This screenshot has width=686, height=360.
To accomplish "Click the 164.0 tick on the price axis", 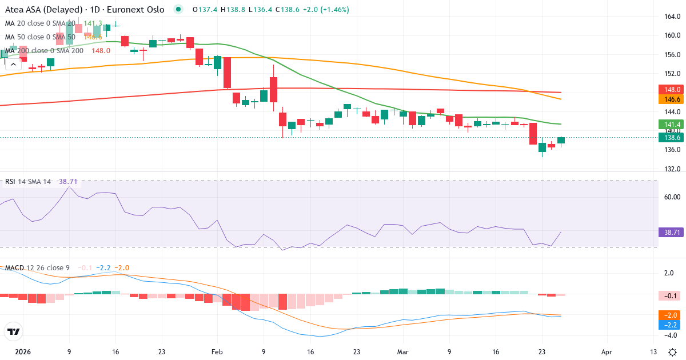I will [672, 16].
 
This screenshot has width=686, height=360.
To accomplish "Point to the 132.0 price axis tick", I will [672, 169].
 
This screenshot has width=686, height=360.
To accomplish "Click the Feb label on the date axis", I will [217, 353].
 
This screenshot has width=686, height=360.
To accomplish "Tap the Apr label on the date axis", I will [607, 353].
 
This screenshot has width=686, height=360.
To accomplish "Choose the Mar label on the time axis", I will [402, 353].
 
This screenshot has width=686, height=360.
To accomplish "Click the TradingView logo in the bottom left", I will [14, 331].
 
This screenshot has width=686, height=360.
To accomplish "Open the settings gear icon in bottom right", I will [673, 352].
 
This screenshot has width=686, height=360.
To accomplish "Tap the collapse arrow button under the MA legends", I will [13, 65].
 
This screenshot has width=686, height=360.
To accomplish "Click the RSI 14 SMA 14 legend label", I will [28, 182].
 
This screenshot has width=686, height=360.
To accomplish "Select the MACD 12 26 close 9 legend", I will [37, 268].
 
